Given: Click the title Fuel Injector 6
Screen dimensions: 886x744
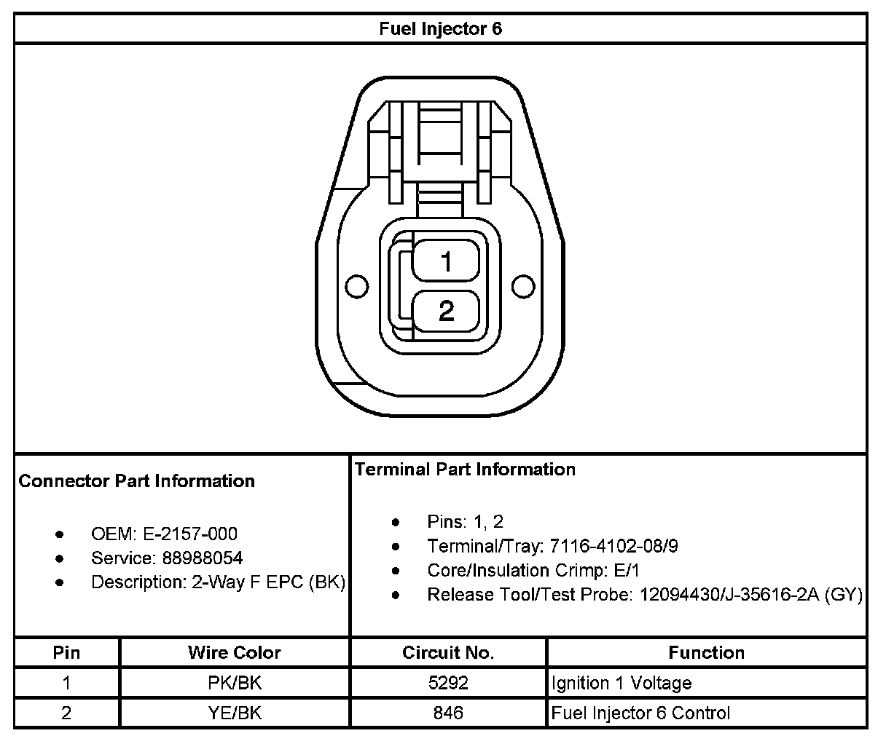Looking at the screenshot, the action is (440, 28).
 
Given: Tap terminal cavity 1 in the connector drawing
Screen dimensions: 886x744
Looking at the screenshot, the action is (446, 261).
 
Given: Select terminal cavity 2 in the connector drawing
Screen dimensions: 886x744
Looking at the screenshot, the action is (446, 311).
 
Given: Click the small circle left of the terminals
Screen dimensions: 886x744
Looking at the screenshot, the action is (356, 287).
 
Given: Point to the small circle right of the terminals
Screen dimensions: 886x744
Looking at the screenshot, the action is (523, 286).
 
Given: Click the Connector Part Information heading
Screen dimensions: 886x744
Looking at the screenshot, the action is (136, 481).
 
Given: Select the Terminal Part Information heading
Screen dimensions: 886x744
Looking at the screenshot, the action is (465, 470).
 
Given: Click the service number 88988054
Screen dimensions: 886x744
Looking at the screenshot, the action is (203, 558).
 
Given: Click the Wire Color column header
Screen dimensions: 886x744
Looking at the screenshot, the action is (234, 652).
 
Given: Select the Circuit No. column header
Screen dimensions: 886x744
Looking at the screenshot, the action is (448, 652).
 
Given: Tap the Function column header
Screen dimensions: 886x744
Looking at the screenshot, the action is (706, 652).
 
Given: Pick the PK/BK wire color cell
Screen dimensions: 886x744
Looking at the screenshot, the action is (234, 683).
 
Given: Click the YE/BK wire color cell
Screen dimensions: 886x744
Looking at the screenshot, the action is (234, 713).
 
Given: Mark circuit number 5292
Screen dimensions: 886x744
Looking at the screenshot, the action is (448, 683).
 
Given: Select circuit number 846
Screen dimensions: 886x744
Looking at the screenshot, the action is (448, 713).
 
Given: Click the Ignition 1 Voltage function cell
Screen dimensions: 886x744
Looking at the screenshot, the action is (622, 683).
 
